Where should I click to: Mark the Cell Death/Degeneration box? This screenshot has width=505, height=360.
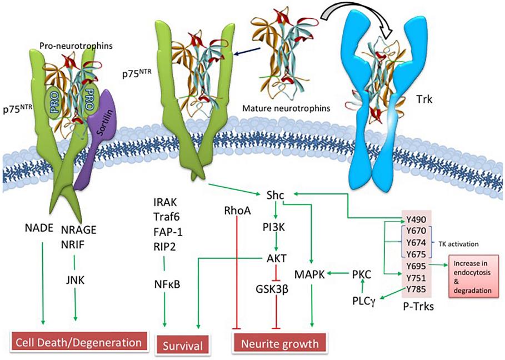click(80, 341)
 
